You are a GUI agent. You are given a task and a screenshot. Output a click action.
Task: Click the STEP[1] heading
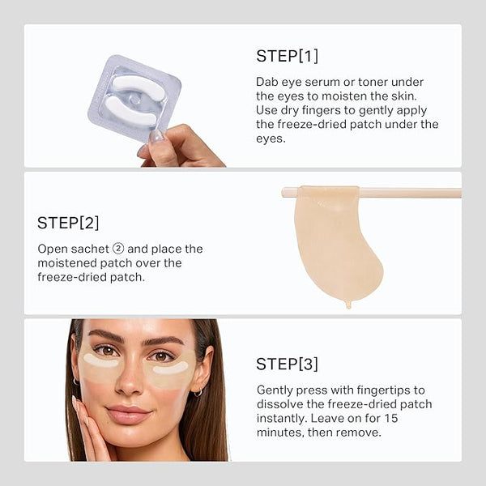287,56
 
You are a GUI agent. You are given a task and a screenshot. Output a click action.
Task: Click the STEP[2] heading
68,223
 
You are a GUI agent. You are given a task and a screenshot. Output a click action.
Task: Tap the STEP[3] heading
287,364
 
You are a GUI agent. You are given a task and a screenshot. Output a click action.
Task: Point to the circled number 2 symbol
118,249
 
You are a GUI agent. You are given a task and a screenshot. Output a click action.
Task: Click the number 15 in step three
391,419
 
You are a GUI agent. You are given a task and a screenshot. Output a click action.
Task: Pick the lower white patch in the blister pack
130,112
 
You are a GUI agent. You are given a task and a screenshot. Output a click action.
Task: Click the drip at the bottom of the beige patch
348,305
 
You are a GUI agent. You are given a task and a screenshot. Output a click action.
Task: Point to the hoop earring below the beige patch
198,393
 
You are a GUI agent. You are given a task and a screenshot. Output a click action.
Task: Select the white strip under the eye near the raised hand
100,361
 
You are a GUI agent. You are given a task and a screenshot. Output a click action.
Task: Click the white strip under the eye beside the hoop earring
171,369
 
